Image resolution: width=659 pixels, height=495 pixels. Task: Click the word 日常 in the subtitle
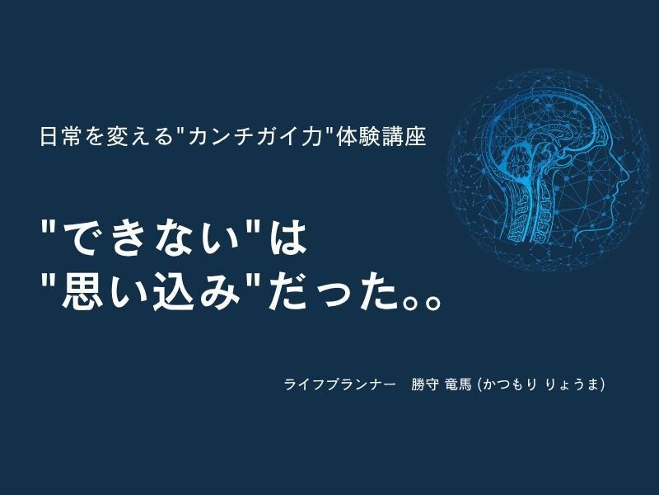click(x=59, y=136)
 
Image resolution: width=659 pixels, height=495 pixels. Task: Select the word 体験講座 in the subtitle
click(x=382, y=136)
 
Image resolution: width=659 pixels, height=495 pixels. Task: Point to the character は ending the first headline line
click(x=286, y=237)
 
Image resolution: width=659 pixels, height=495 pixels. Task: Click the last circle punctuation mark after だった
click(x=431, y=303)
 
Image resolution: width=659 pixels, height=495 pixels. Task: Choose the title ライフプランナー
click(x=340, y=384)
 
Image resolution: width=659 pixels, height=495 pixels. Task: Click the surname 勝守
click(x=425, y=384)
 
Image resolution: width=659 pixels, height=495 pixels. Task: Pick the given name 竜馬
click(x=458, y=384)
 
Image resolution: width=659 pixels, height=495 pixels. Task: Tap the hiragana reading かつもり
click(x=509, y=384)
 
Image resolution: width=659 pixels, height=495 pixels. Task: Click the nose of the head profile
click(x=625, y=172)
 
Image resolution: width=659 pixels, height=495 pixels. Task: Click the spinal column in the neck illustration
click(x=543, y=210)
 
